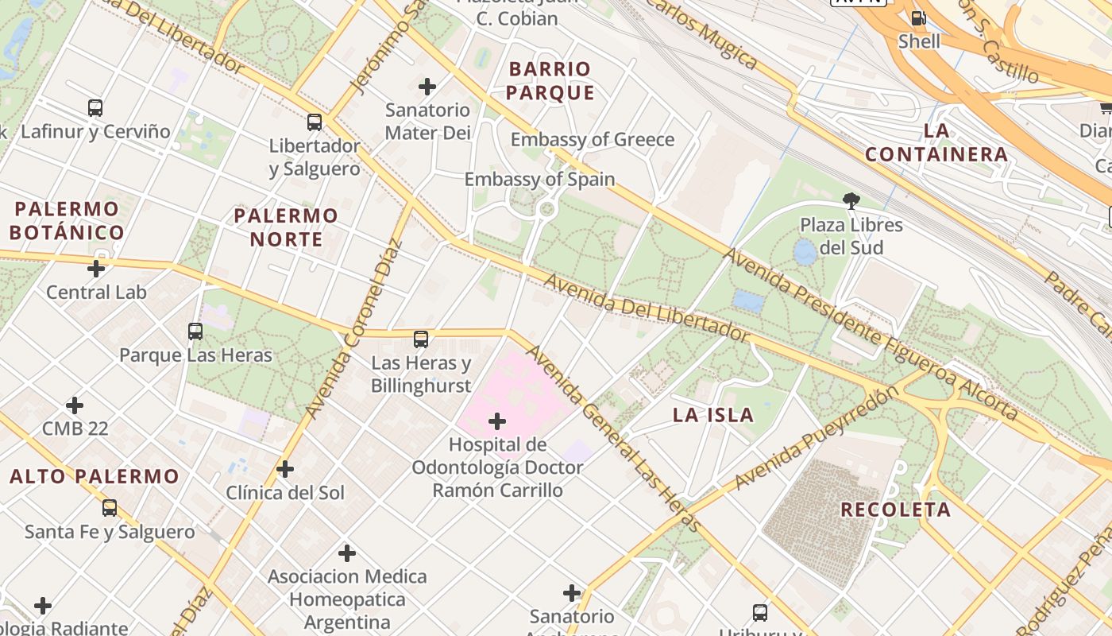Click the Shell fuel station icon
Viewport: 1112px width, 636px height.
pos(918,18)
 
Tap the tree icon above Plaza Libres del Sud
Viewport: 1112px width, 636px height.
pos(851,201)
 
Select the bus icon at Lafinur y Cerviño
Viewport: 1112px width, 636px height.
pos(95,108)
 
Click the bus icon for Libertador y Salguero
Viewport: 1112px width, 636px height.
pos(315,122)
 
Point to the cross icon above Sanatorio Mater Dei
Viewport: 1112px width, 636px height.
pos(427,87)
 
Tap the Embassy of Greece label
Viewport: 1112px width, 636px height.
pos(592,140)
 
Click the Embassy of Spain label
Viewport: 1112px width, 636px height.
pos(539,180)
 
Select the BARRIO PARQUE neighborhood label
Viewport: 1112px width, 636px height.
pos(550,81)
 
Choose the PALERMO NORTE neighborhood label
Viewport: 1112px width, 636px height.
pos(286,227)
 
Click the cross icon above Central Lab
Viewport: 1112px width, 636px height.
pos(96,269)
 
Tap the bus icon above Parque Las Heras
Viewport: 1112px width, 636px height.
pos(195,332)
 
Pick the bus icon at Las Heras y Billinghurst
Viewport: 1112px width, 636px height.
pos(421,339)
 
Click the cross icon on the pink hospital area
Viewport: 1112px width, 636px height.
pos(497,421)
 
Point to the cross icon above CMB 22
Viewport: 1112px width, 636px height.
pos(75,405)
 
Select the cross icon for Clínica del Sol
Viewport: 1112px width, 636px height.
pos(285,469)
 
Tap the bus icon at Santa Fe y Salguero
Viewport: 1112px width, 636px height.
pos(110,507)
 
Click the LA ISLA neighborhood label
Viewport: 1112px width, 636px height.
pos(712,415)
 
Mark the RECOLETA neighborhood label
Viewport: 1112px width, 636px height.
pos(895,510)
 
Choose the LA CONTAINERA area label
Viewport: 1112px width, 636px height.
pos(936,142)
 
